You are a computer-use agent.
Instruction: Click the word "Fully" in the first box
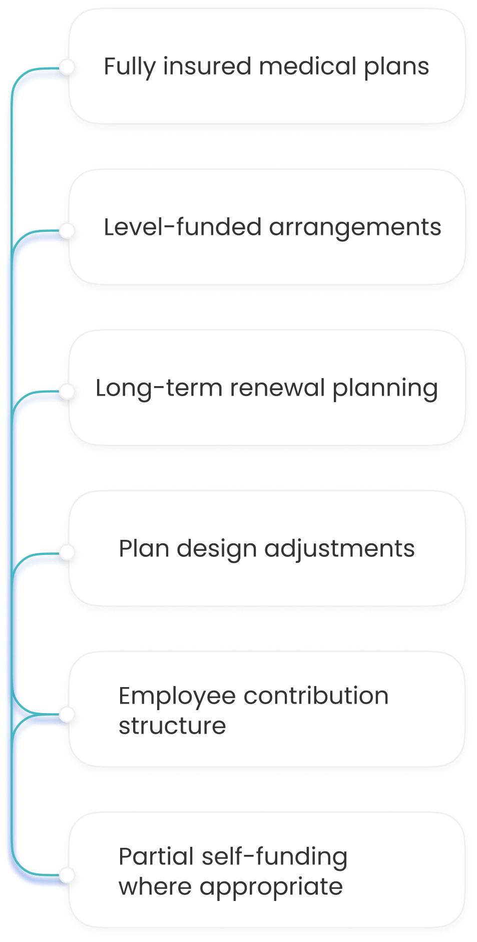coord(129,67)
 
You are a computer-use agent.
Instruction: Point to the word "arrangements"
coord(355,228)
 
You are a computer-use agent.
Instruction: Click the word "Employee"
coord(177,697)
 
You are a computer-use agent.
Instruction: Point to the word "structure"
coord(172,726)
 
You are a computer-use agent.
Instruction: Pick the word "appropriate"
coord(271,887)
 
